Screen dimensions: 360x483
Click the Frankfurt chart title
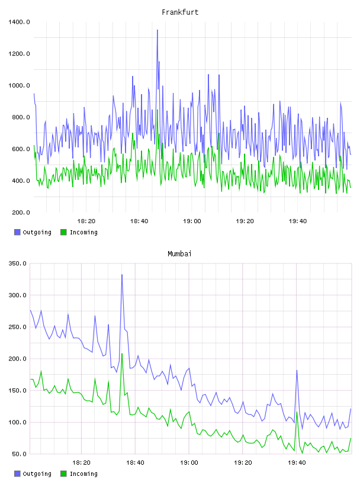point(180,12)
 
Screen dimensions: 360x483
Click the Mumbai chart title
point(179,254)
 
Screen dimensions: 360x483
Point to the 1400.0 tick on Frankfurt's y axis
point(19,22)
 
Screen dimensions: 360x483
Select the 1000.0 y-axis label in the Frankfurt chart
point(19,86)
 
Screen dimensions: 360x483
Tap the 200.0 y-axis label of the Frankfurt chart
point(21,212)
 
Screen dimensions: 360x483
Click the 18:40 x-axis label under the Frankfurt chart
point(139,221)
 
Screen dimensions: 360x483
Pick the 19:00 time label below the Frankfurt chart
point(192,221)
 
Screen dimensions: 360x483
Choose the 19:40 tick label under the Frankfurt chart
point(298,221)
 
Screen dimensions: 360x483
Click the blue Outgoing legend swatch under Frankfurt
point(17,232)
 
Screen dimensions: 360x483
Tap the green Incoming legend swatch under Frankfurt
point(63,232)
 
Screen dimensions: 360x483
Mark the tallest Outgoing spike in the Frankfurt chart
point(157,30)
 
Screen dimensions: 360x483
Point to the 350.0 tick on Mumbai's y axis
point(18,263)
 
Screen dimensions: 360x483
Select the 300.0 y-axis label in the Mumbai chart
point(18,295)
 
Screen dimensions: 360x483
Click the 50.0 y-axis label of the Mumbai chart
point(19,454)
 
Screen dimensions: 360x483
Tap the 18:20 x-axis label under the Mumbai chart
point(81,463)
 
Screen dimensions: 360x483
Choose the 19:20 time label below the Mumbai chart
point(243,463)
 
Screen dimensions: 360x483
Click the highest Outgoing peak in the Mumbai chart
point(122,275)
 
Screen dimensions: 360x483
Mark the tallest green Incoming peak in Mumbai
point(122,354)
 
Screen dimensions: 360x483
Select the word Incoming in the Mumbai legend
point(83,474)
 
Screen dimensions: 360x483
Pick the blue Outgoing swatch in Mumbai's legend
point(17,474)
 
